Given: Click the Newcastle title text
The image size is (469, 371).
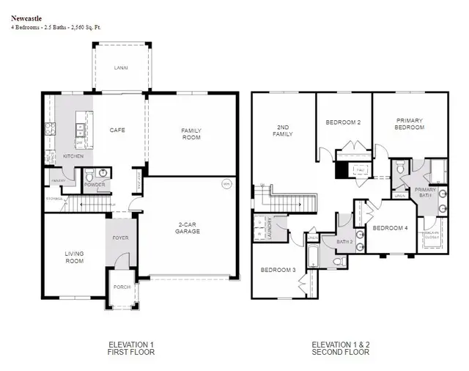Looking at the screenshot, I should click(x=25, y=18).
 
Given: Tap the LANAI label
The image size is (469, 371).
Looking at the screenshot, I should click(x=121, y=67).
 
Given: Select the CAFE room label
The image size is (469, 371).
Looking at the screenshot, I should click(x=117, y=130).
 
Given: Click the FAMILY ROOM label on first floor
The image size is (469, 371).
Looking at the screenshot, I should click(x=191, y=133).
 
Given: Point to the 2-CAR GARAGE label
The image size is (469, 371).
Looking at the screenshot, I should click(x=188, y=227).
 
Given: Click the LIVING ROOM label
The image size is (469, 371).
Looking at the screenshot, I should click(x=74, y=257).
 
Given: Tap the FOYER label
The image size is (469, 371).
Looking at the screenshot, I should click(x=120, y=238).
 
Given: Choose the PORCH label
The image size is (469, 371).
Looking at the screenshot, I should click(x=122, y=287).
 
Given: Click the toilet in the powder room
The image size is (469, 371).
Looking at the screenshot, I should click(x=89, y=177).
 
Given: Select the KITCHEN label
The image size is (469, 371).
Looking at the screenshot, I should click(x=73, y=156).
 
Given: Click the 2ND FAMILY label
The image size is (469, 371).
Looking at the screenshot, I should click(x=283, y=130).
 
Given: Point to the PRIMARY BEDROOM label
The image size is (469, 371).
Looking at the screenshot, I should click(x=410, y=124).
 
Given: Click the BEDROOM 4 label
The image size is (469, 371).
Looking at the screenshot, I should click(x=390, y=228).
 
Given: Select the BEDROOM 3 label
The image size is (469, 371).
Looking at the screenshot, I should click(x=278, y=270).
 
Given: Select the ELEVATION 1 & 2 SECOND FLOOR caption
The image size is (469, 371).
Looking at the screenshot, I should click(x=341, y=348).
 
